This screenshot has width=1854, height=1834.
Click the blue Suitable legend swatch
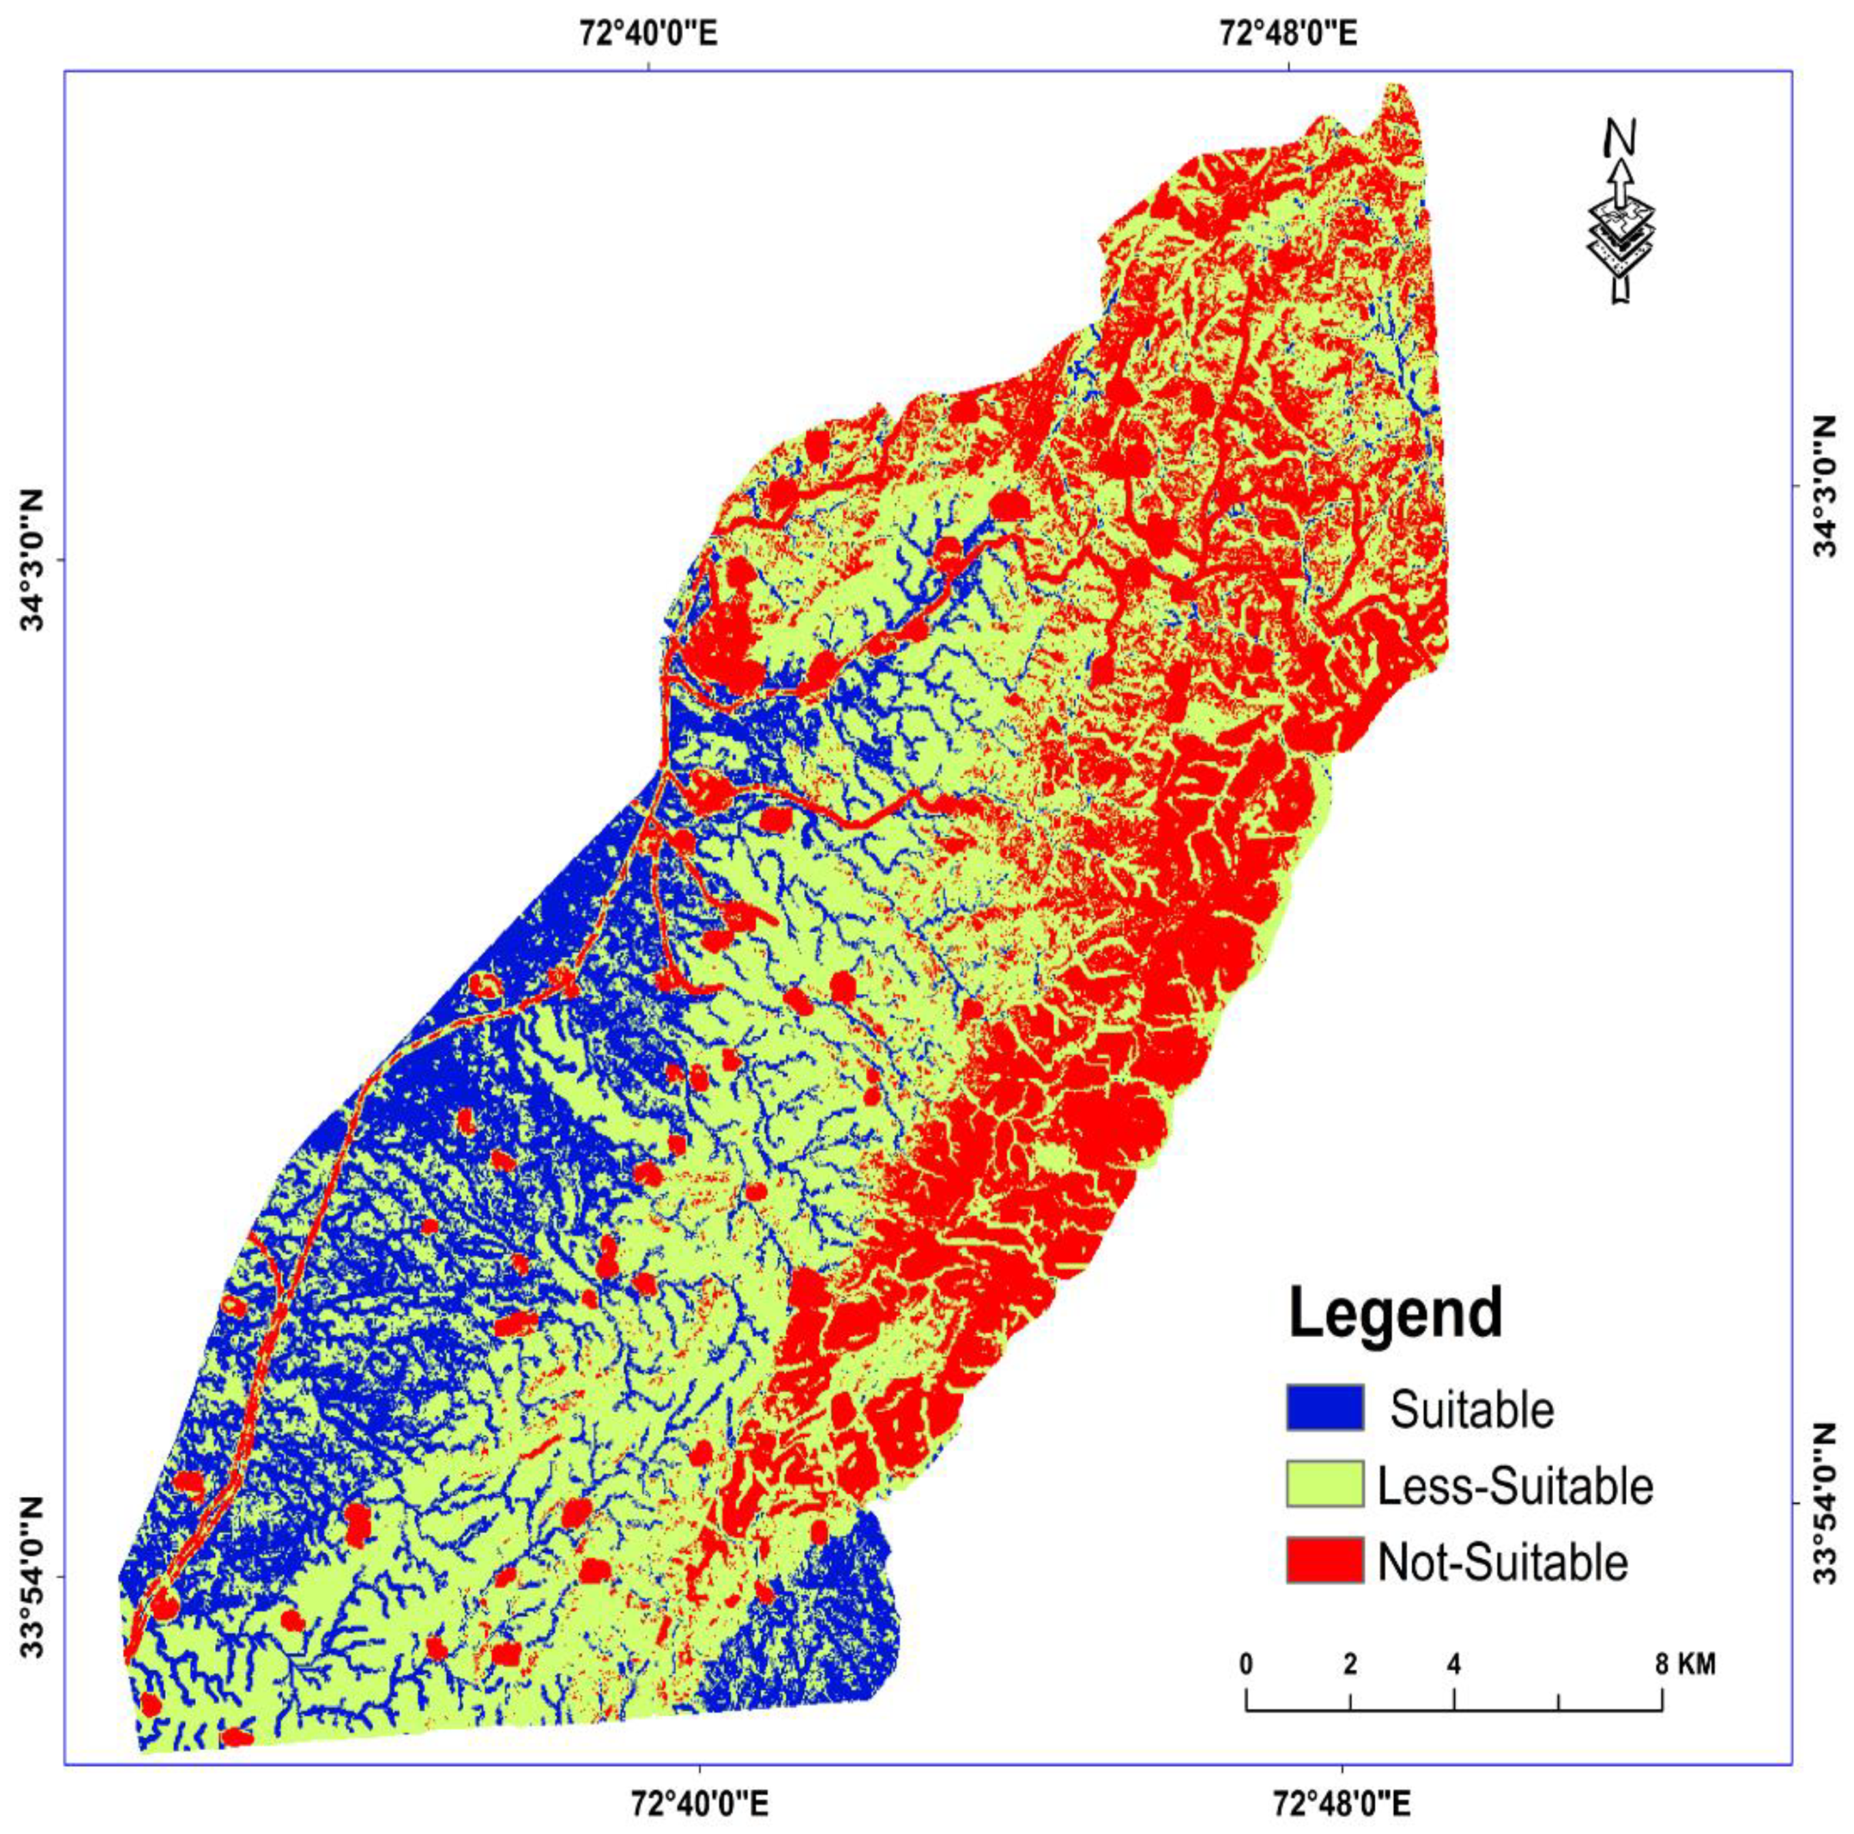coord(1324,1408)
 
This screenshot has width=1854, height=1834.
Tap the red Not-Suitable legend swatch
coord(1324,1560)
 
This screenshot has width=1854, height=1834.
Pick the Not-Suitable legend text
coord(1503,1562)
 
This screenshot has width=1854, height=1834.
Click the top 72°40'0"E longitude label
coord(650,33)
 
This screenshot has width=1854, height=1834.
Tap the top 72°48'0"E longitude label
coord(1289,33)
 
